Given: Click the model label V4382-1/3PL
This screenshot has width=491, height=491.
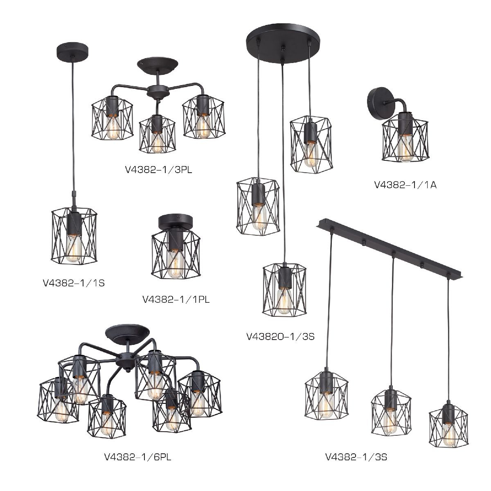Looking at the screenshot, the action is click(x=158, y=170).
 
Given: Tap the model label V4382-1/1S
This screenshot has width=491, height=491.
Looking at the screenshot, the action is click(x=74, y=283).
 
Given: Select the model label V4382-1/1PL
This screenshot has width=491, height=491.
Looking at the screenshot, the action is click(x=176, y=300).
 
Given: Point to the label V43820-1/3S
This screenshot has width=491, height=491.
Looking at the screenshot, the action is click(x=281, y=337).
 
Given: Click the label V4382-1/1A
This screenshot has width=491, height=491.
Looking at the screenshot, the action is click(x=405, y=185).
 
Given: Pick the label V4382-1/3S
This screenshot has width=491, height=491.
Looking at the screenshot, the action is click(x=356, y=457).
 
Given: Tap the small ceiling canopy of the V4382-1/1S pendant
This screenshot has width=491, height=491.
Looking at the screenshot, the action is click(x=72, y=52).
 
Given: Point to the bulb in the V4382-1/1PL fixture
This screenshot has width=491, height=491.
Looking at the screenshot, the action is click(x=175, y=264).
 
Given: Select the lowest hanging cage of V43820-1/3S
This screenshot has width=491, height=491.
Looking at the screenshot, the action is click(x=284, y=289).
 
